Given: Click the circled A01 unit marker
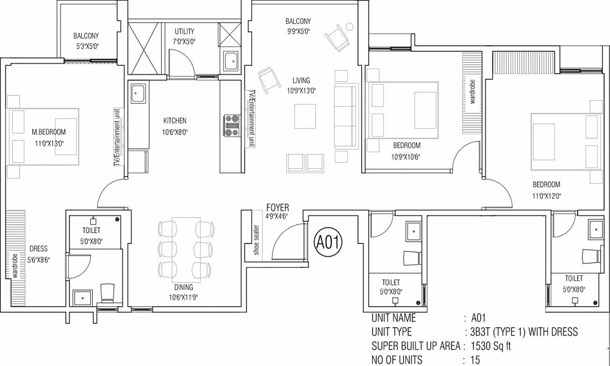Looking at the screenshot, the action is click(328, 242).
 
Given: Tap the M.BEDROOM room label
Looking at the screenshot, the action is click(49, 132).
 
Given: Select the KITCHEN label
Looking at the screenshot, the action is click(174, 121).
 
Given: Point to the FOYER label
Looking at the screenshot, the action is click(278, 207).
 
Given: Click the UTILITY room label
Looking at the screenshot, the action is click(184, 31).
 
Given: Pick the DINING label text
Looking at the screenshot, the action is click(184, 287).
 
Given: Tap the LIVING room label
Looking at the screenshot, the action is click(301, 81).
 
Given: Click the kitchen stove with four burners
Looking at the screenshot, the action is click(232, 125).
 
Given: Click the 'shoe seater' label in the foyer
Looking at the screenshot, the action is click(256, 240).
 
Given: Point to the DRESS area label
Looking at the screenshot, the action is click(38, 248).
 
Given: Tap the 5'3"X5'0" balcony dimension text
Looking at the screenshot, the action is click(86, 46).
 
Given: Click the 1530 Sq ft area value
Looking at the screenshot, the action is click(491, 346).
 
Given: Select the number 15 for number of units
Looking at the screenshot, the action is click(475, 360).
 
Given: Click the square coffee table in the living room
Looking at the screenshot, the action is click(304, 117).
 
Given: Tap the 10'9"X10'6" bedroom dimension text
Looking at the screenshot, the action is click(406, 157).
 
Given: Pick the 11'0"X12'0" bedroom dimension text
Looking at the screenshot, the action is click(547, 196).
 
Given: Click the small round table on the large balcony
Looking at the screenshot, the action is click(350, 26).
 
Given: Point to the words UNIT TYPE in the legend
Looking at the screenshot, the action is click(392, 332).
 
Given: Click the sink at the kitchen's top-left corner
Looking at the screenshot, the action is click(138, 93).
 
